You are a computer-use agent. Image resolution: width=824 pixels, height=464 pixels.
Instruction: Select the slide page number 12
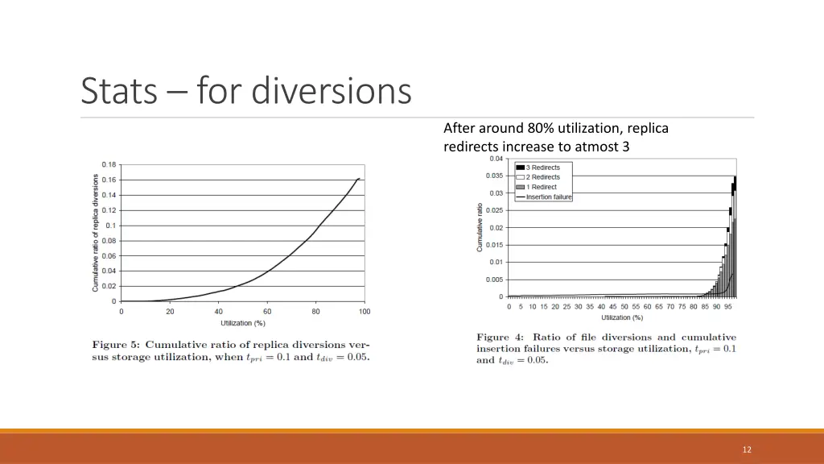pyautogui.click(x=747, y=449)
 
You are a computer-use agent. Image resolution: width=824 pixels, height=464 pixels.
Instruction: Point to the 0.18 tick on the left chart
pyautogui.click(x=109, y=164)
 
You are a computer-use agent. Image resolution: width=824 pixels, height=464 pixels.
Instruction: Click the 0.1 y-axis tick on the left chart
pyautogui.click(x=111, y=226)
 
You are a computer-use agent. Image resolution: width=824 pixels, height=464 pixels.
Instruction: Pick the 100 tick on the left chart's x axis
pyautogui.click(x=365, y=311)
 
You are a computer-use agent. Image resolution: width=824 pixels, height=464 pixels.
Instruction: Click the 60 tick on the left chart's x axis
pyautogui.click(x=267, y=311)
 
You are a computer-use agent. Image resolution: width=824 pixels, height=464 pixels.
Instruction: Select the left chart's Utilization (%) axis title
pyautogui.click(x=243, y=323)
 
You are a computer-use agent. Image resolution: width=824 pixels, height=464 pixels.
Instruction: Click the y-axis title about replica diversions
pyautogui.click(x=96, y=233)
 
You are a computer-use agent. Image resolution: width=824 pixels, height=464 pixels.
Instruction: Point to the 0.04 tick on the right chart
pyautogui.click(x=496, y=159)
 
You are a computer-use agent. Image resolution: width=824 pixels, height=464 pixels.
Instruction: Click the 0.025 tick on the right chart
pyautogui.click(x=494, y=210)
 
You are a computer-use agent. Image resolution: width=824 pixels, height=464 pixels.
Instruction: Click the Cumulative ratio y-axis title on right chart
pyautogui.click(x=480, y=227)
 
